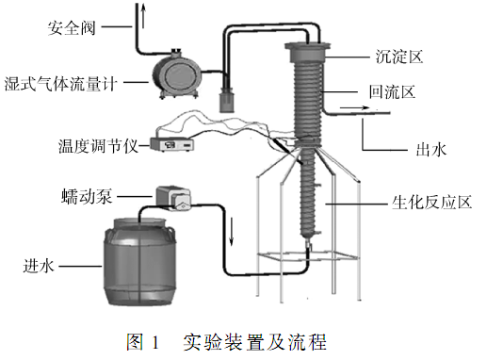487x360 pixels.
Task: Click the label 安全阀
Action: [x=72, y=28]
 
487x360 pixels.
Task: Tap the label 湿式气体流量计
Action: [x=60, y=84]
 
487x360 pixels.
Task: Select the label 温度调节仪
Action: [x=98, y=146]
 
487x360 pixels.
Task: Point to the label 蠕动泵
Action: [x=87, y=197]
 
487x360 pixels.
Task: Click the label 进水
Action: [x=39, y=267]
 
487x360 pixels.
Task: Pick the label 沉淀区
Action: [x=398, y=57]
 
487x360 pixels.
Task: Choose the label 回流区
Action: [x=392, y=92]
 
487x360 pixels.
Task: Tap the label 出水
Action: [x=430, y=150]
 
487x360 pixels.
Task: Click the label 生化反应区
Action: [x=431, y=202]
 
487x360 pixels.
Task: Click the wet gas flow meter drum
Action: [x=176, y=74]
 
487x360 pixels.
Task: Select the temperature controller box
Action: [x=171, y=144]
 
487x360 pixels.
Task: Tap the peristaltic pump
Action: [x=172, y=199]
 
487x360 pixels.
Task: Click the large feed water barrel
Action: [x=140, y=261]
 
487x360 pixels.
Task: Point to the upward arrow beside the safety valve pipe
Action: [x=143, y=16]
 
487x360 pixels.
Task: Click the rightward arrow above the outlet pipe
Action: [x=354, y=108]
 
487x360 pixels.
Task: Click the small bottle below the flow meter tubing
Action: [x=227, y=101]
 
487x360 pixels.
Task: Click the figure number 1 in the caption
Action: [x=155, y=343]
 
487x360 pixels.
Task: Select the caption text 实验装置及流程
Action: [x=255, y=342]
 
